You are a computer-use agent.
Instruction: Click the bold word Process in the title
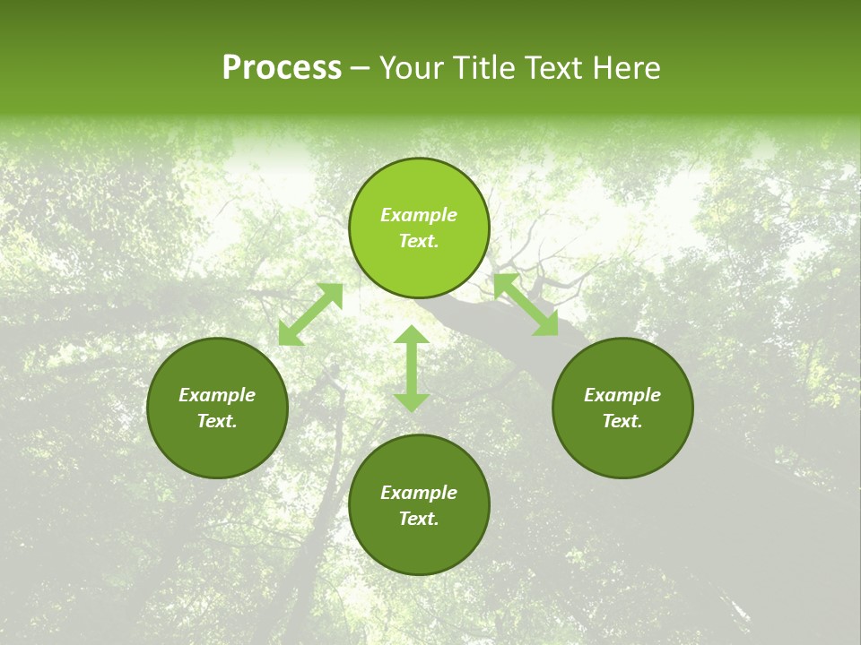(282, 68)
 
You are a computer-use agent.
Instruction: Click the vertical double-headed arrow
(412, 368)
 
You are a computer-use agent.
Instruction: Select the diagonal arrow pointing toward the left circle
(310, 314)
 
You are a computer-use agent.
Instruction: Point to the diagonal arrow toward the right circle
(526, 305)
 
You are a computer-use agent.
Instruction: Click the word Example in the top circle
(419, 215)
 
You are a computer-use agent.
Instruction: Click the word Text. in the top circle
(419, 241)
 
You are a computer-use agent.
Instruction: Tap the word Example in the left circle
(217, 395)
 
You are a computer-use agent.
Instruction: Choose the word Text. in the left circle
(217, 421)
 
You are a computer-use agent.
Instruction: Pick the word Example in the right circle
(622, 395)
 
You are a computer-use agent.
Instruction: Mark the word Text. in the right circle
(622, 421)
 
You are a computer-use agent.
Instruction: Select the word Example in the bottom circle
(419, 493)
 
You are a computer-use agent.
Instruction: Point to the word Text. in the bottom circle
(419, 519)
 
